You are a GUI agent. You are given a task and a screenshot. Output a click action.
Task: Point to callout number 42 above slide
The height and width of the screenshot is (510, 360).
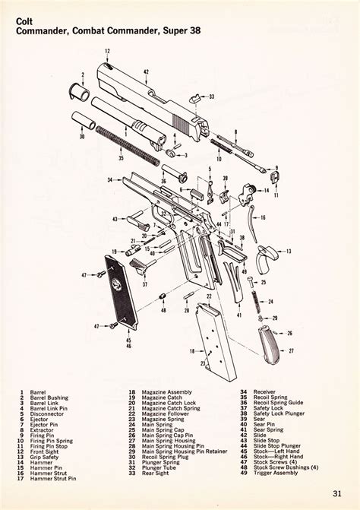tap(146, 71)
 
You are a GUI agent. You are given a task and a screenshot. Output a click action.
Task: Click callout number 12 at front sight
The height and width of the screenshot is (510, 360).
tap(108, 51)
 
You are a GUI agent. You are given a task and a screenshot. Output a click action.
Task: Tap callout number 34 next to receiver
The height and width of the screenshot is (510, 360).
tap(110, 180)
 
